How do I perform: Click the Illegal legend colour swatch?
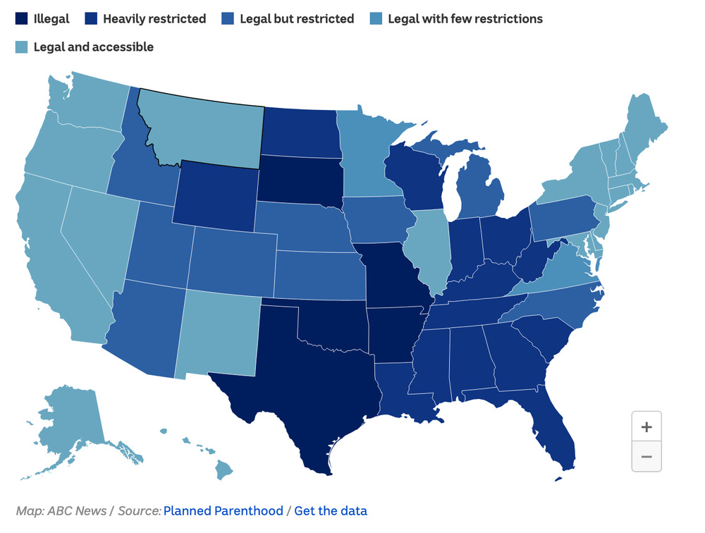tap(22, 19)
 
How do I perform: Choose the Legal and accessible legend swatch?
tap(22, 47)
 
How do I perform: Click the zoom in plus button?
tap(646, 427)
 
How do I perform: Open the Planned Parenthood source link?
tap(223, 511)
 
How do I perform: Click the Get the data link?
tap(331, 511)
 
